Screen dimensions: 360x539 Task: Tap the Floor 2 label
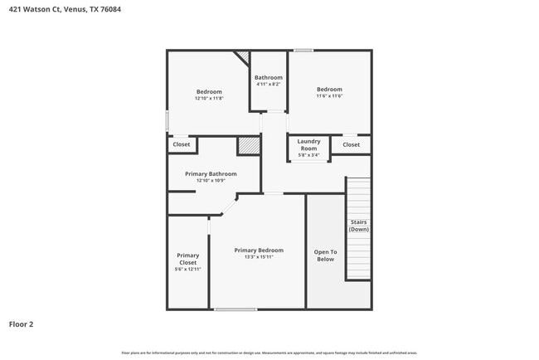[x=22, y=324]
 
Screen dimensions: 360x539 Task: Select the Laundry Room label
[x=308, y=144]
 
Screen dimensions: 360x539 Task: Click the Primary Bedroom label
[x=259, y=250]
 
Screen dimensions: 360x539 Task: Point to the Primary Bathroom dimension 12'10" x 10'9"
[x=211, y=181]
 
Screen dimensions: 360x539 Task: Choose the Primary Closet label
[x=188, y=259]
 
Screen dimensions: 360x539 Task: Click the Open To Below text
[x=325, y=255]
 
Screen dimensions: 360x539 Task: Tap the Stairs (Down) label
[x=358, y=226]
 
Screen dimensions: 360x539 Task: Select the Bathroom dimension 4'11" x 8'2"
[x=269, y=84]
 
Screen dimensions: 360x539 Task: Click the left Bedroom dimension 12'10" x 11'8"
[x=209, y=98]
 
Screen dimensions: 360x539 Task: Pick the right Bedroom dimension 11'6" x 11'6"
[x=329, y=96]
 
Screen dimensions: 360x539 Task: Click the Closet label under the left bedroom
[x=182, y=144]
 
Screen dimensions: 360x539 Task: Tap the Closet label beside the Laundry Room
[x=352, y=144]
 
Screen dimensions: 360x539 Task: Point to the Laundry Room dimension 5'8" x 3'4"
[x=308, y=155]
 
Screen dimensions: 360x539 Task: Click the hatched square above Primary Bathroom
[x=249, y=145]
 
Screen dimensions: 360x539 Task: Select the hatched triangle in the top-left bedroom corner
[x=242, y=56]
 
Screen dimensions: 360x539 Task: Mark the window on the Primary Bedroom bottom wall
[x=236, y=309]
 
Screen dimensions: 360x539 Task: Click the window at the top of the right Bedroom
[x=303, y=51]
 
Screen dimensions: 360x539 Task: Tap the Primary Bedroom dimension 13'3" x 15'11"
[x=259, y=257]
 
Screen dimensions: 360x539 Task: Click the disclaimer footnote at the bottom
[x=269, y=353]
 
